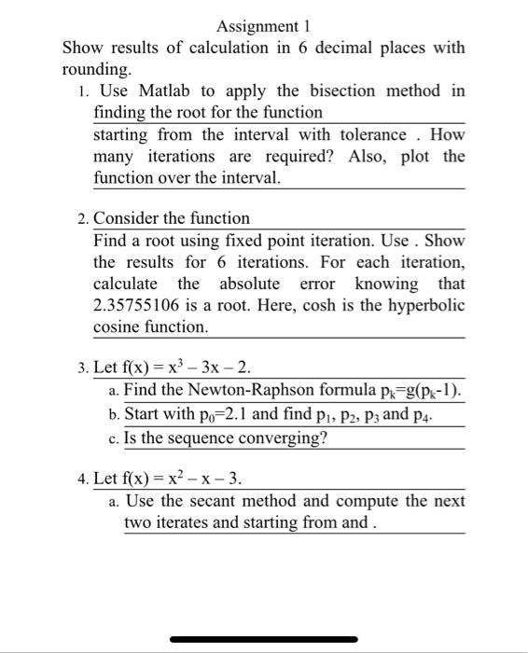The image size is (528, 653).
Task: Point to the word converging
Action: [x=277, y=438]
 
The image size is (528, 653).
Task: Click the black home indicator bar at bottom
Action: [x=264, y=639]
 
